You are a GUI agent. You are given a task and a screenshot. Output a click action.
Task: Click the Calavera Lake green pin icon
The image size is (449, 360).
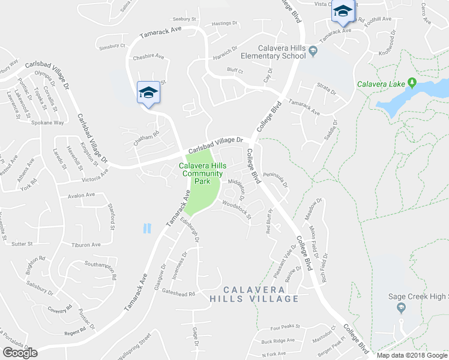click(412, 82)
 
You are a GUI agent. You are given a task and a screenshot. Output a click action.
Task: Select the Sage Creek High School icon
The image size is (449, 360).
click(400, 307)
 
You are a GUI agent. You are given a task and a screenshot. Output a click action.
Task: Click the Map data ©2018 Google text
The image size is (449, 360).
click(412, 355)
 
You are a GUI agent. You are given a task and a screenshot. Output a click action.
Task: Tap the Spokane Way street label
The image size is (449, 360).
click(47, 122)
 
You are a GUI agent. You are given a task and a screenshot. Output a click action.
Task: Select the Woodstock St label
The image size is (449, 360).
click(236, 207)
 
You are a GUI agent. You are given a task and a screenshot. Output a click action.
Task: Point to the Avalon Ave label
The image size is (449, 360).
click(82, 195)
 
